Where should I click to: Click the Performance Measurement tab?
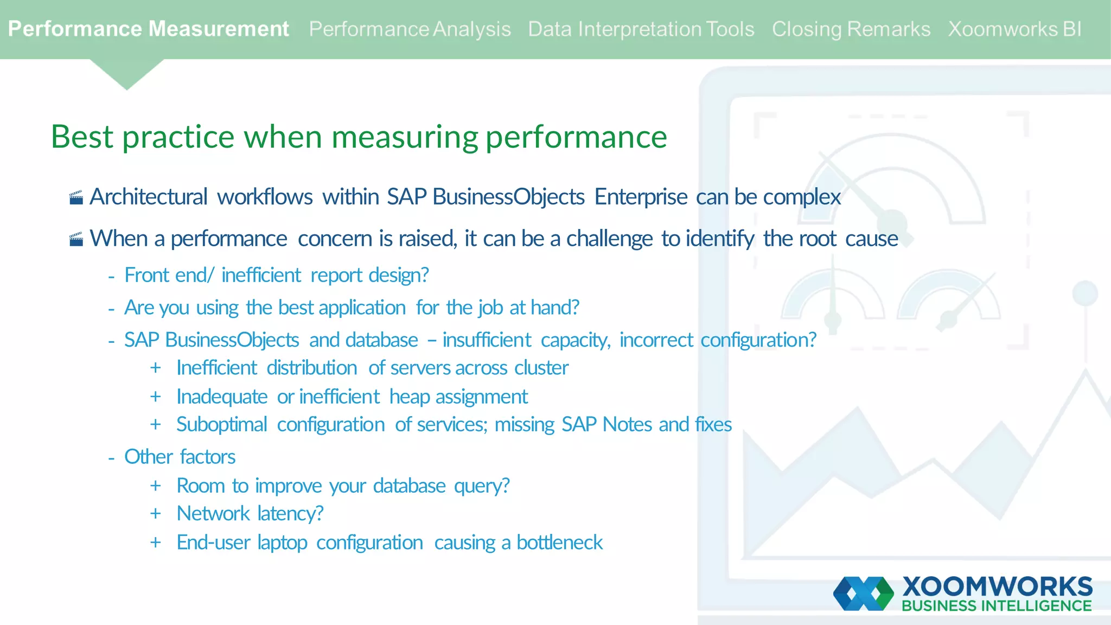[148, 29]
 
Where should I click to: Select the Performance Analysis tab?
[410, 29]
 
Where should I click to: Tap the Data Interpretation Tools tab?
[641, 29]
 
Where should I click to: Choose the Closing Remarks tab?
[851, 29]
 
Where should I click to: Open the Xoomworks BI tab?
[1014, 29]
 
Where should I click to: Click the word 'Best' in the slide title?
[82, 137]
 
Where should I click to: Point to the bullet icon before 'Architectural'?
[76, 197]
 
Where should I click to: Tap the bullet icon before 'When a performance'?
[76, 239]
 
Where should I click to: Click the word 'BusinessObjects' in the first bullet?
[508, 197]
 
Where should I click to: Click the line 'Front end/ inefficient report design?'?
[276, 276]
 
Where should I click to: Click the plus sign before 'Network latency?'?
[156, 514]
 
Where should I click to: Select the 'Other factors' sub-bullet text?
[180, 457]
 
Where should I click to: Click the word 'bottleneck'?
[559, 543]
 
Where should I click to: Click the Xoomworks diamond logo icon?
[863, 594]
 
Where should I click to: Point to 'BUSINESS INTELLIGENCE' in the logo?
[997, 606]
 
